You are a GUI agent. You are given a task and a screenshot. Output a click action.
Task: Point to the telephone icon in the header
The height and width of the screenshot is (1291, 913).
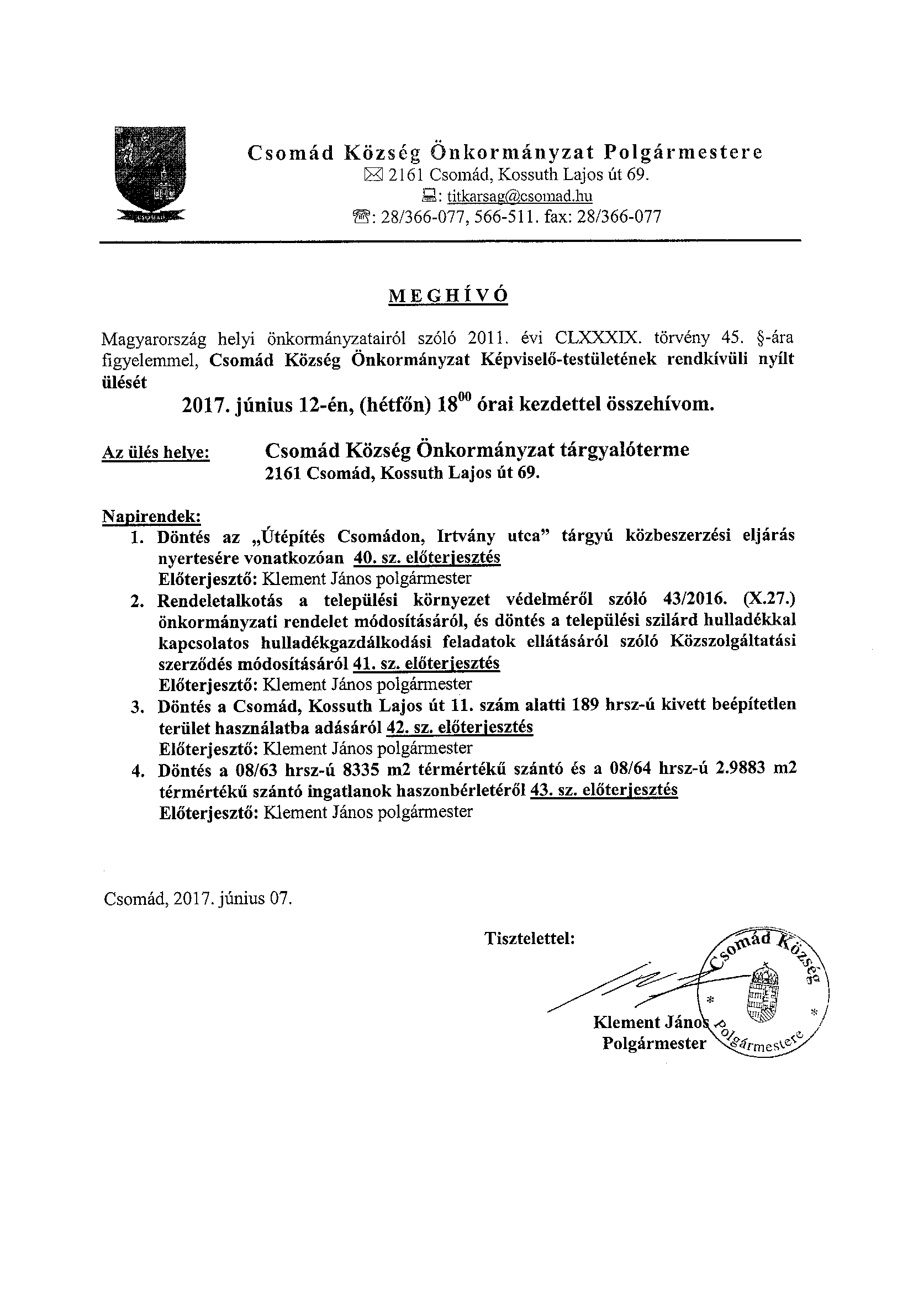coord(361,217)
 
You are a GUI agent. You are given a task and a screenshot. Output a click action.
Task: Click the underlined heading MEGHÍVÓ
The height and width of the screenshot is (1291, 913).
coord(448,296)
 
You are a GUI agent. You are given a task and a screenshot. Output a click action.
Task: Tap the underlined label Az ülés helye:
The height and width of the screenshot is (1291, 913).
coord(156,452)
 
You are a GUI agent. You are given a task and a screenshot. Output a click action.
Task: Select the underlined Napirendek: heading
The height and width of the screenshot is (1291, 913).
coord(151,515)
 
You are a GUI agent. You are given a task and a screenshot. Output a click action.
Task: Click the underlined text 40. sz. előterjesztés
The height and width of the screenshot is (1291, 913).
coord(428,557)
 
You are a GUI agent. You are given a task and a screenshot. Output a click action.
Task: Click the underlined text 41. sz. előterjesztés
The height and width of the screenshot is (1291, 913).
coord(426,663)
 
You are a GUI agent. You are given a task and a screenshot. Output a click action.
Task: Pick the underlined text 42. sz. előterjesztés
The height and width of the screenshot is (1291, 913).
coord(460,727)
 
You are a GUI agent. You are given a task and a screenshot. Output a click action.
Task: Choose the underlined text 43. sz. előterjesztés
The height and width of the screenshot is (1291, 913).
coord(604,790)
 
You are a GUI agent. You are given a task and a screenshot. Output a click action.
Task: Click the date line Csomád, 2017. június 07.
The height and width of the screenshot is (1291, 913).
coord(198,898)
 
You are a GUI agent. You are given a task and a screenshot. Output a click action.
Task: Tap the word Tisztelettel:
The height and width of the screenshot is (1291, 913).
coord(530,939)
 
